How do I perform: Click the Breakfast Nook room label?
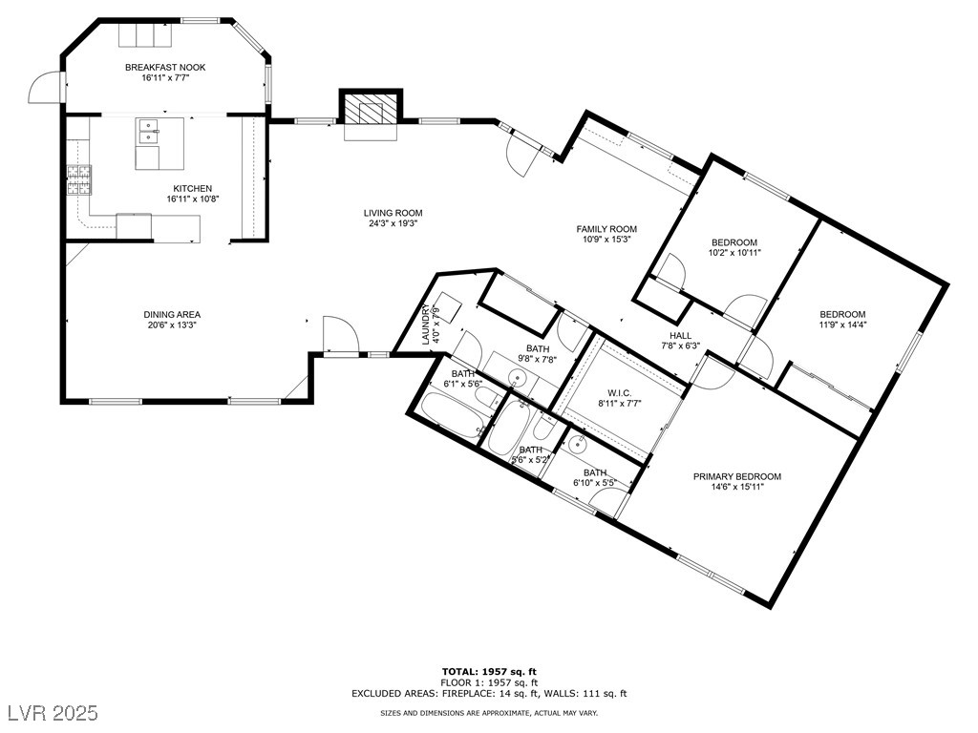pyautogui.click(x=165, y=68)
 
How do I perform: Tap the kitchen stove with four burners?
pyautogui.click(x=79, y=180)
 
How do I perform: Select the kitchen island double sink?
pyautogui.click(x=148, y=131)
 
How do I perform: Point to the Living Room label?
pyautogui.click(x=393, y=213)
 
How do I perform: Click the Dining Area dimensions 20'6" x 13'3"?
pyautogui.click(x=172, y=325)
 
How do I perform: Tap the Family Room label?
pyautogui.click(x=606, y=229)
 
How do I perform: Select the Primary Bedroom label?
pyautogui.click(x=737, y=477)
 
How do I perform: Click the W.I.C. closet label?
pyautogui.click(x=619, y=392)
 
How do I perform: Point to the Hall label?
pyautogui.click(x=680, y=335)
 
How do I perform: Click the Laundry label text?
pyautogui.click(x=427, y=325)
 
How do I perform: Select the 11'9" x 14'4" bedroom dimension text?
pyautogui.click(x=842, y=325)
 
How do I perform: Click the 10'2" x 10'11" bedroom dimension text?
pyautogui.click(x=734, y=252)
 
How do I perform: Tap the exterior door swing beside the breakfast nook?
pyautogui.click(x=44, y=87)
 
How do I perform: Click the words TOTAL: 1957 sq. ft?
pyautogui.click(x=489, y=671)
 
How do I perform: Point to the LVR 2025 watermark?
pyautogui.click(x=53, y=712)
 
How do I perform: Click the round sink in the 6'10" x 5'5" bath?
pyautogui.click(x=578, y=445)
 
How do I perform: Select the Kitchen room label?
pyautogui.click(x=192, y=188)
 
